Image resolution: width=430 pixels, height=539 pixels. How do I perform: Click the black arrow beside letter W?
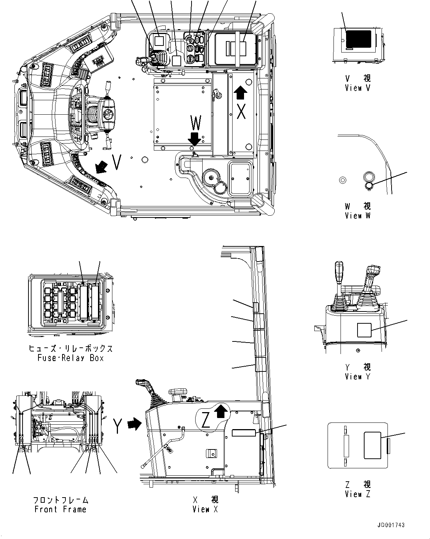pos(194,139)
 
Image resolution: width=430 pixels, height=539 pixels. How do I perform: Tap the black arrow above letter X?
pos(240,92)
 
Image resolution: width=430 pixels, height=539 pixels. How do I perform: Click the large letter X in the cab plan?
pos(241,111)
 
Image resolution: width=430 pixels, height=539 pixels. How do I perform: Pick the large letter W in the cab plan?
pos(196,123)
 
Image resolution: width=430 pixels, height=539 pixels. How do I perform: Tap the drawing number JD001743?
pos(391,525)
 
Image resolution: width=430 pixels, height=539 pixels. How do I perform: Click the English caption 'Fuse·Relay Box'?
pos(71,358)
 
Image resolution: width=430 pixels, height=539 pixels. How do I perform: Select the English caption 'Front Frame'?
pos(60,509)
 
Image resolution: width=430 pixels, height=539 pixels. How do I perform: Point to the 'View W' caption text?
pos(358,216)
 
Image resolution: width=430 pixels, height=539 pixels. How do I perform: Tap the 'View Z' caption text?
pos(358,494)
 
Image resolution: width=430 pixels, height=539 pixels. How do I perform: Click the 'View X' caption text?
pos(205,509)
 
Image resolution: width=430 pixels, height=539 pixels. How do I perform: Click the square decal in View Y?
pos(364,330)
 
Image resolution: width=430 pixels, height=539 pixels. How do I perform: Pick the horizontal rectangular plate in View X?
pos(244,433)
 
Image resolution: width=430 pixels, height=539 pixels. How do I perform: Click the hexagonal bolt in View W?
pos(343,180)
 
